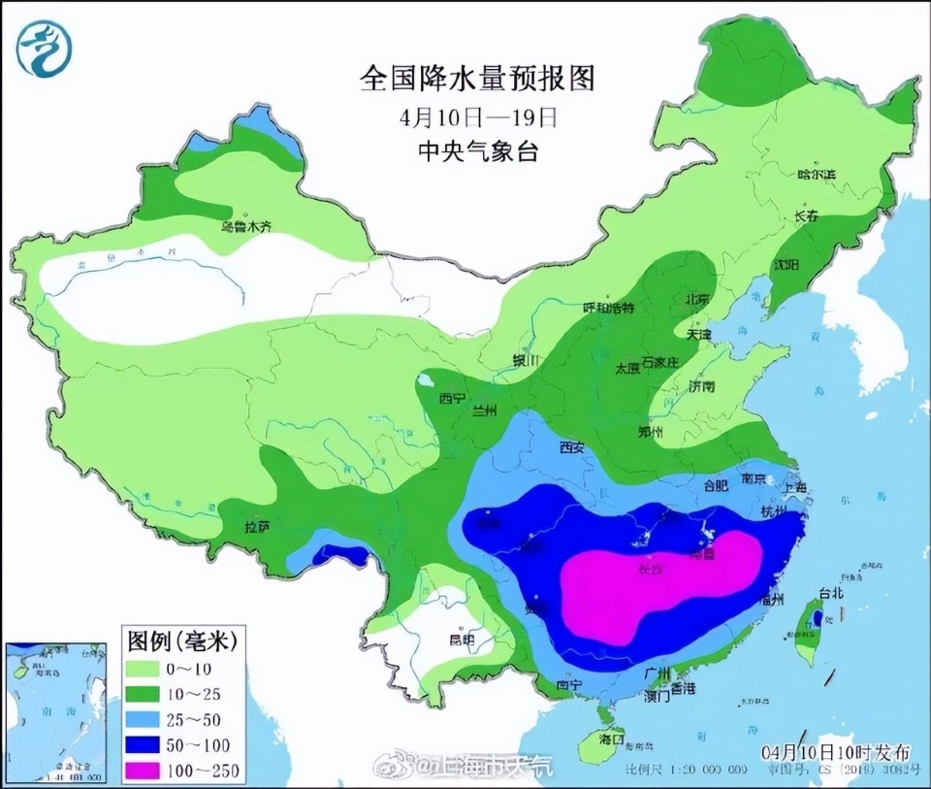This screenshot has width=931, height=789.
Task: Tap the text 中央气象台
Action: pos(477,151)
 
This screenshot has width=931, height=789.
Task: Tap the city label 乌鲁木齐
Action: pos(246,226)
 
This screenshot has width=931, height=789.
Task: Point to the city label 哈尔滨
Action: pos(816,174)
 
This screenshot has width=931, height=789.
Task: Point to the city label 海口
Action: pos(611,739)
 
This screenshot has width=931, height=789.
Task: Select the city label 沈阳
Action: pos(787,265)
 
